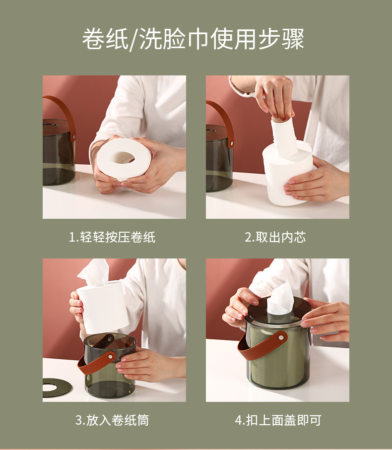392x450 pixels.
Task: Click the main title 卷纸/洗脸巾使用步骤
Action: (x=193, y=39)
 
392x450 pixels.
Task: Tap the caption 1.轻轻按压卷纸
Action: (x=112, y=237)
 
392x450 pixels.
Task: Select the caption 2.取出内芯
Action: (x=275, y=237)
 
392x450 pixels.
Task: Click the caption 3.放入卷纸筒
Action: (x=112, y=420)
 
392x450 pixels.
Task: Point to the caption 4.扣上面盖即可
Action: (x=278, y=420)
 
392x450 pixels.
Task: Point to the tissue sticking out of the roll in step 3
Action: (x=94, y=272)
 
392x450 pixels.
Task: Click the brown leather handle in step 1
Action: (x=66, y=115)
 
